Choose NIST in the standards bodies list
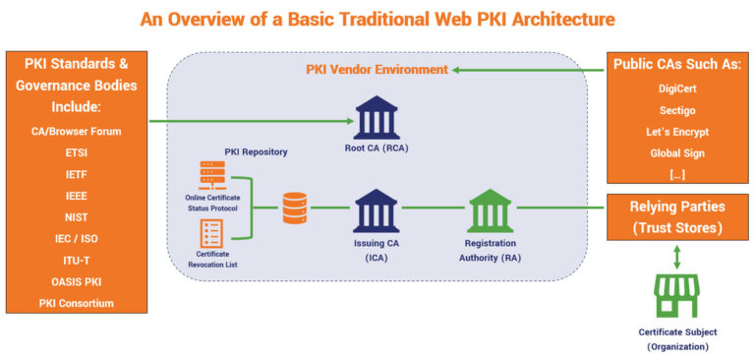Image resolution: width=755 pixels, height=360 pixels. (76, 216)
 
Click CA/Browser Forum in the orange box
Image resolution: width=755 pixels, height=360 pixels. (76, 131)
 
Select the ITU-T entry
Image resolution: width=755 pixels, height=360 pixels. (76, 260)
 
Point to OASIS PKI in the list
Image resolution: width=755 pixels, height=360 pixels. (76, 281)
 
